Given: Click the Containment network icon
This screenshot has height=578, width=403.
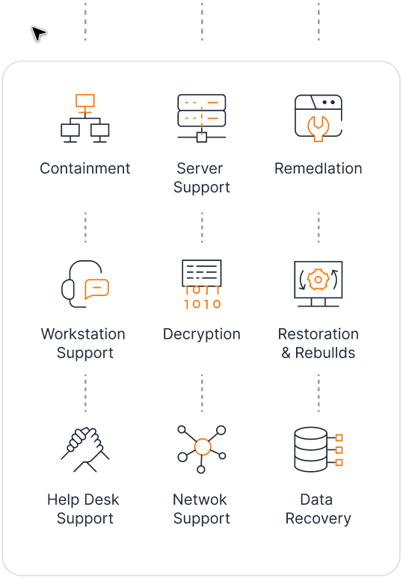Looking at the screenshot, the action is [x=84, y=118].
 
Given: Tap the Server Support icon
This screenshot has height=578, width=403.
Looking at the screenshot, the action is [x=202, y=118].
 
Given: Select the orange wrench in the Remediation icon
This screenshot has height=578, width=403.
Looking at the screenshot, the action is [x=319, y=129].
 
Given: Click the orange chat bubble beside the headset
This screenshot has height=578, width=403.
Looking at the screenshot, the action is [x=97, y=289].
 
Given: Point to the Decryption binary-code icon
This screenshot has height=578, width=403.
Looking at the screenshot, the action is [x=202, y=284].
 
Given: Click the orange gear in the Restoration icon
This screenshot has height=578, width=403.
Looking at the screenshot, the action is [x=319, y=280].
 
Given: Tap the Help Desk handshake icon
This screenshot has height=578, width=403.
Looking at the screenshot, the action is [x=84, y=449].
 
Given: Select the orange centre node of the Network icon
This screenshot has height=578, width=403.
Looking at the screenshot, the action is [x=203, y=446].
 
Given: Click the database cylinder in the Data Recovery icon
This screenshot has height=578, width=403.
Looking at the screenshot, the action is [x=310, y=449].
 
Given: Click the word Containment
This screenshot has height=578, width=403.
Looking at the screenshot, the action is [x=84, y=168].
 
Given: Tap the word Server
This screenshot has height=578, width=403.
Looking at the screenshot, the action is [x=200, y=168].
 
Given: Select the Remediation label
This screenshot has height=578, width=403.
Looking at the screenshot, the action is [x=319, y=168].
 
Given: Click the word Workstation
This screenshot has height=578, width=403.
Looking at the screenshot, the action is [x=83, y=334].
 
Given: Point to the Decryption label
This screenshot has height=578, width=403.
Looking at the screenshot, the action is [x=202, y=334].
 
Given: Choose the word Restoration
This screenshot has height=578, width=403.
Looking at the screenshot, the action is [x=319, y=334].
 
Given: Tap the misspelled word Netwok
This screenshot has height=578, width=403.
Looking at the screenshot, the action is [x=200, y=499].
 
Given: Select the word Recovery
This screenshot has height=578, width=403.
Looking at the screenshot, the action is [x=319, y=519].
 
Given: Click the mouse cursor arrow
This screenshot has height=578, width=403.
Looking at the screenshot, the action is [x=38, y=33].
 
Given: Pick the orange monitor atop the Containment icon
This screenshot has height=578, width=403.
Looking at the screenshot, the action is [x=84, y=101].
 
